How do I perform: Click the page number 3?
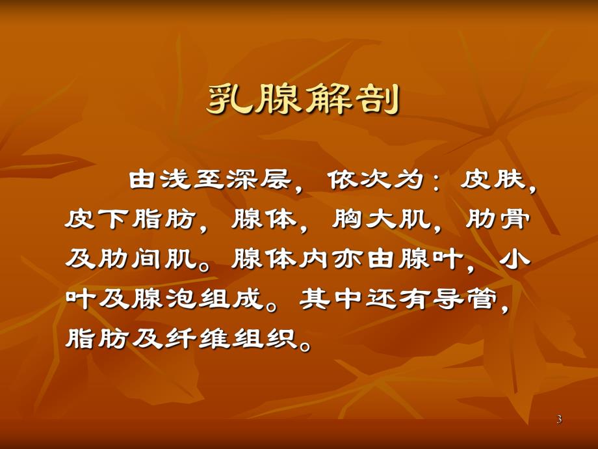coord(559,420)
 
